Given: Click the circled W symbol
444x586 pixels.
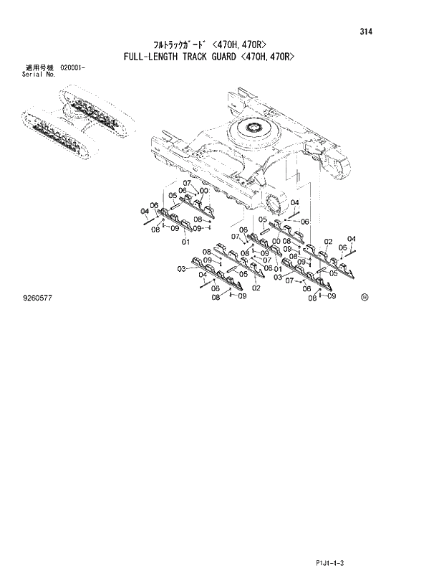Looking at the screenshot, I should pyautogui.click(x=365, y=296).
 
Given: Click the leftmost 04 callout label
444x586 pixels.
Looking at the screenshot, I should pyautogui.click(x=145, y=210).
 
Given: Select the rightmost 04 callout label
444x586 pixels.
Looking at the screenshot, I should pyautogui.click(x=351, y=239).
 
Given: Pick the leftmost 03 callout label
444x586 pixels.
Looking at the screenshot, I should pyautogui.click(x=182, y=268).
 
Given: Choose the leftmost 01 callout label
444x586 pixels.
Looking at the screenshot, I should pyautogui.click(x=185, y=242).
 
